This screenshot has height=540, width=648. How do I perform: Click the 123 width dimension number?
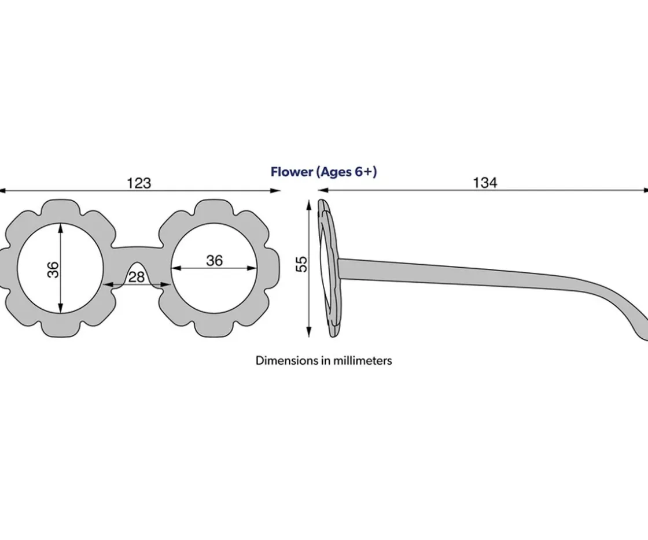coord(139,183)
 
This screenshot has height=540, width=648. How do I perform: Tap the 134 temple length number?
coord(485,183)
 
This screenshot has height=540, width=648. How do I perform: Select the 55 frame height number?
coord(302,264)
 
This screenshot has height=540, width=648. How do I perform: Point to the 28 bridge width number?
coord(137,278)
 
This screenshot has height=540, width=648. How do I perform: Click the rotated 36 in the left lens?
coord(53,269)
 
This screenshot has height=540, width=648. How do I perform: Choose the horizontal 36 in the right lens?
coord(215,261)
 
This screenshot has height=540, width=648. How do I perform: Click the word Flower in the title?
coord(292,172)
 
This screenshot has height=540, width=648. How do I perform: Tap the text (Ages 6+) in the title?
coord(347,172)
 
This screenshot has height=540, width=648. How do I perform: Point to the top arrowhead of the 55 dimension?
coord(308,205)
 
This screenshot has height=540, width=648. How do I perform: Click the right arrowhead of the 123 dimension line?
coord(275,191)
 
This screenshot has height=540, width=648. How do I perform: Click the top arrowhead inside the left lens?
coord(61,228)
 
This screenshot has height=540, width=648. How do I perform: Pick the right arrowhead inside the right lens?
coord(252,268)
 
